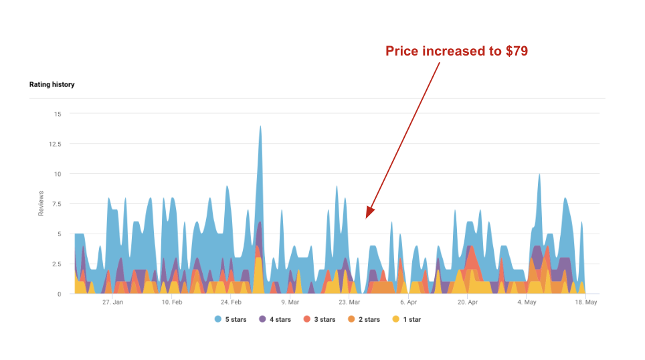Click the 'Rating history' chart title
52,85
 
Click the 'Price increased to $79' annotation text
457,51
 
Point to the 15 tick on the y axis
58,114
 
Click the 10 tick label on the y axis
58,174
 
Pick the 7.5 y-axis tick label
56,204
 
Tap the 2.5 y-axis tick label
56,264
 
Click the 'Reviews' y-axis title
41,203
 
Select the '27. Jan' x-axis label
112,302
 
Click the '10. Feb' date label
172,302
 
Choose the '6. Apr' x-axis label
409,302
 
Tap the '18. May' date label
585,302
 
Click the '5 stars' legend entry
231,320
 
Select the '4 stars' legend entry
275,320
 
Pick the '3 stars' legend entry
319,320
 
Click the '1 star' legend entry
406,320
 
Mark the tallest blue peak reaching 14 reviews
260,127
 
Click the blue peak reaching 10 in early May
539,175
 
